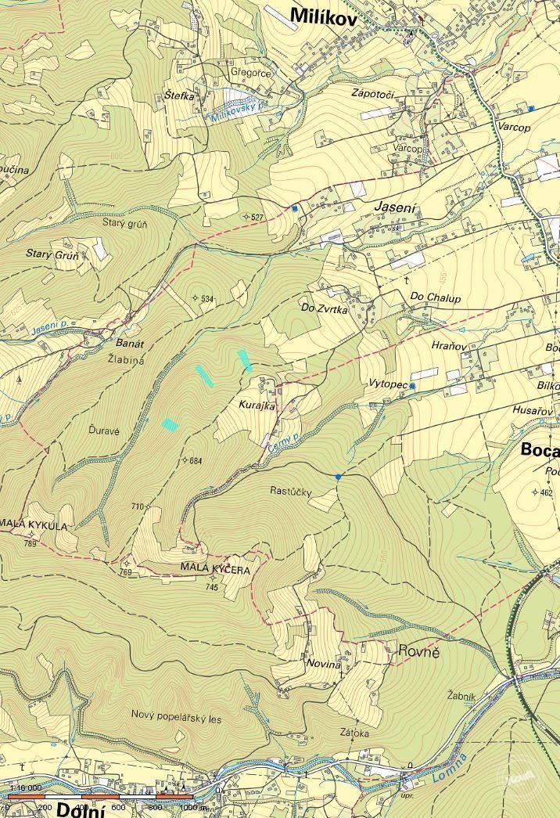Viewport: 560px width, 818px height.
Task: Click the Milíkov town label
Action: [323, 15]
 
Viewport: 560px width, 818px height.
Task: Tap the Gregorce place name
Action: [250, 73]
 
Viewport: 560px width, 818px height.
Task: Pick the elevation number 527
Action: [256, 217]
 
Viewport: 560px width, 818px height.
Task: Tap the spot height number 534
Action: [206, 299]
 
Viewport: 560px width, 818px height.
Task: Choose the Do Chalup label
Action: [436, 297]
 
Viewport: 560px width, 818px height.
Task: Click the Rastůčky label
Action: [290, 492]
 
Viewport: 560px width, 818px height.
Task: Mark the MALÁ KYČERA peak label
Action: [215, 570]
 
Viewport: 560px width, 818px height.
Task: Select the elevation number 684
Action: [195, 460]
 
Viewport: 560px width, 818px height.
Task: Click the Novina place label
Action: [325, 664]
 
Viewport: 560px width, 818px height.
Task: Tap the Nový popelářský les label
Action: [177, 714]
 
